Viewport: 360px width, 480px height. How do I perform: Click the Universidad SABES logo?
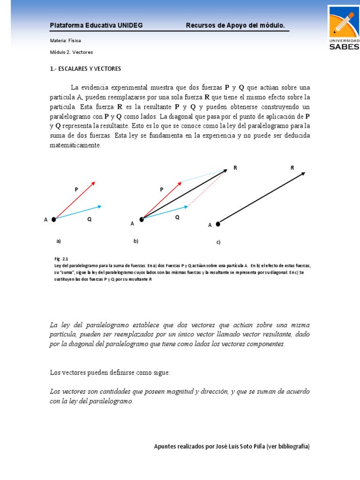(344, 28)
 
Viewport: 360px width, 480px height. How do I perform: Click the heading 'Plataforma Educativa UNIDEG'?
(96, 25)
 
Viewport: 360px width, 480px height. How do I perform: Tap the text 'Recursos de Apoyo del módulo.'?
(235, 25)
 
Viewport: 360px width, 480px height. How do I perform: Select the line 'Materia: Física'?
(65, 41)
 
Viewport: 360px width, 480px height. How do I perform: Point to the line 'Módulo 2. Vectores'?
(68, 52)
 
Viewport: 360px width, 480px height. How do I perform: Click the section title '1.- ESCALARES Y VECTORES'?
(85, 69)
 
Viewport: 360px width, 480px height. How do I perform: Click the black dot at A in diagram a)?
(54, 219)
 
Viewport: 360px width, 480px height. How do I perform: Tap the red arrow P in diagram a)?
(75, 200)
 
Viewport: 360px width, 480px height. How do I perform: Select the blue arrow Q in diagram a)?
(78, 212)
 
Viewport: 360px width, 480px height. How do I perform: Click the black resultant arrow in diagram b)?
(184, 194)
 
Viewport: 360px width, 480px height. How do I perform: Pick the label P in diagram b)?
(162, 189)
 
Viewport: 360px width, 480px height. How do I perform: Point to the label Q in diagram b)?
(177, 217)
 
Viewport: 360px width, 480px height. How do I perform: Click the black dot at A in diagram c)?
(218, 224)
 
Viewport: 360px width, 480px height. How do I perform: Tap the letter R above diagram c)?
(292, 167)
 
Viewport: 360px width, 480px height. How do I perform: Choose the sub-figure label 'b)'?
(136, 241)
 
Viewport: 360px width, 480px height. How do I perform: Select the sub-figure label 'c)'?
(218, 242)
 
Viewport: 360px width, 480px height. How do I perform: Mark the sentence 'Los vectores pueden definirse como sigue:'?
(110, 372)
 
